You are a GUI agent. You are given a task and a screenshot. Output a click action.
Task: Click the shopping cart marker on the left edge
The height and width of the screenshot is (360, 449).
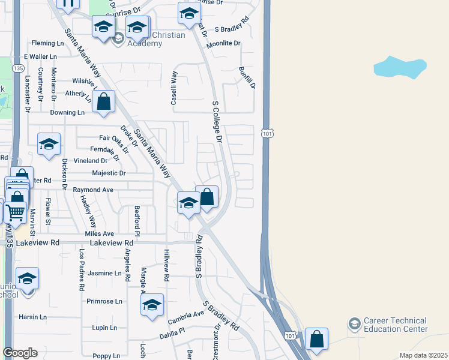(x=15, y=212)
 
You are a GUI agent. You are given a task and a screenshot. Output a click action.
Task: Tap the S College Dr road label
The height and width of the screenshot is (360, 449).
(x=217, y=122)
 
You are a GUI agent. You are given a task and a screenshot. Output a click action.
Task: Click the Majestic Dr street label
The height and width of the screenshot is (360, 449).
(x=109, y=173)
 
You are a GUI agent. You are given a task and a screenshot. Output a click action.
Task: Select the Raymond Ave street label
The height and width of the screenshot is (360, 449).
(x=93, y=190)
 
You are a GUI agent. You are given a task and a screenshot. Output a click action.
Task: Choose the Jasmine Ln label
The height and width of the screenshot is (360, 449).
(x=104, y=273)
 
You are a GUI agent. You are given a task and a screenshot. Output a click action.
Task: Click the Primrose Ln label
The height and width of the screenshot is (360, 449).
(x=104, y=301)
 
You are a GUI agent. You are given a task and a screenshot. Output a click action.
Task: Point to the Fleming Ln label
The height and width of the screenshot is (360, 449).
(x=47, y=43)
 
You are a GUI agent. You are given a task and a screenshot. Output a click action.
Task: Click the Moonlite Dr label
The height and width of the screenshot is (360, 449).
(x=223, y=44)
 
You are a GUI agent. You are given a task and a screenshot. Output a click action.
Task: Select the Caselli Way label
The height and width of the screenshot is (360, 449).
(x=174, y=88)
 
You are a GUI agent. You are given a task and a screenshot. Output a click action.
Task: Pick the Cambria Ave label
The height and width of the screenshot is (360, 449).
(x=187, y=314)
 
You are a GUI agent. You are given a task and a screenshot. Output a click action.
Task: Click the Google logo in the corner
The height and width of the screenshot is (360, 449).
(x=20, y=353)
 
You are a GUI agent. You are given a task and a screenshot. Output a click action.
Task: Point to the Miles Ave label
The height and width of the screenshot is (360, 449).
(x=100, y=233)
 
